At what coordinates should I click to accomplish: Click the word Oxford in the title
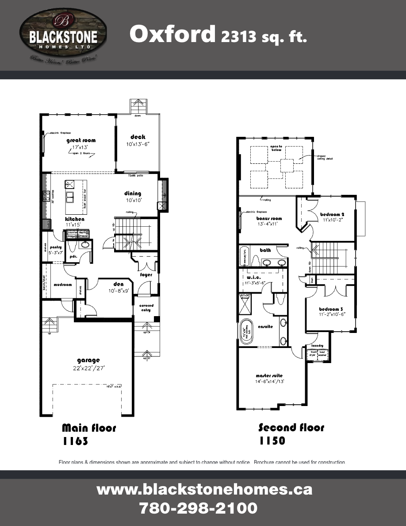point(172,35)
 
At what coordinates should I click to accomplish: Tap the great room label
point(81,140)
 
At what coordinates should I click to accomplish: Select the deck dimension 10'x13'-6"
point(138,144)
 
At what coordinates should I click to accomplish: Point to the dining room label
point(132,193)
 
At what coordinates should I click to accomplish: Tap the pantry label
point(56,247)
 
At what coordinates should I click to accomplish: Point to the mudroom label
point(62,285)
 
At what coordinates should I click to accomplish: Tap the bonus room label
point(269,218)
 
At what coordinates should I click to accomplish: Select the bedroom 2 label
point(332,214)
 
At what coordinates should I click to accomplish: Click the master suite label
point(269,375)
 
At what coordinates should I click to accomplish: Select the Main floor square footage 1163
point(75,441)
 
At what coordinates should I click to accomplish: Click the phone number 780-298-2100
point(198,507)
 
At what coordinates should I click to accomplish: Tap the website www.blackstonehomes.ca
point(204,490)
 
